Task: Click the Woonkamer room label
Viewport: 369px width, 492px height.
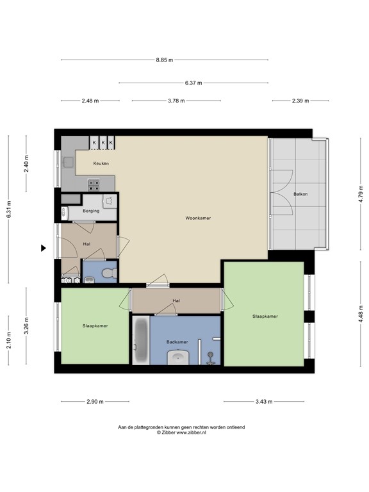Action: [x=198, y=218]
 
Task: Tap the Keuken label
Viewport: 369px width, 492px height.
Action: [x=101, y=163]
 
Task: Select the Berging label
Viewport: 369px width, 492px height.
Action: [x=91, y=211]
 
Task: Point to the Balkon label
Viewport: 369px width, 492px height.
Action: [x=300, y=194]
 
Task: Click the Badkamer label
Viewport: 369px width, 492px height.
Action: [x=177, y=342]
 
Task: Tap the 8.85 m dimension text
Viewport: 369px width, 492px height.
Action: [x=165, y=60]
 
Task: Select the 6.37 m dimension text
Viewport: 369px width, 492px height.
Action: [x=193, y=83]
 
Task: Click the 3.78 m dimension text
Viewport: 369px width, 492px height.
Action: [x=176, y=101]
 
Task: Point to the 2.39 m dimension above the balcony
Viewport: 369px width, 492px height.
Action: [x=300, y=101]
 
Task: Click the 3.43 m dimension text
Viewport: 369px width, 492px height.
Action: [x=264, y=401]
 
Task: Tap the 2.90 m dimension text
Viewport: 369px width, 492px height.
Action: [x=95, y=401]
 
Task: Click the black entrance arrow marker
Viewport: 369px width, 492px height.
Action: [x=44, y=248]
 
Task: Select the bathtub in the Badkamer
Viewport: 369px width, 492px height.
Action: [x=140, y=340]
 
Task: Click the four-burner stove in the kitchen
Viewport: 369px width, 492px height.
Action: [x=94, y=184]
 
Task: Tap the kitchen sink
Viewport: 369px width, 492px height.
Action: [x=69, y=162]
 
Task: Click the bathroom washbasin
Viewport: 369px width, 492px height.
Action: [x=178, y=358]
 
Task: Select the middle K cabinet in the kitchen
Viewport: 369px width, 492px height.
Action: [x=102, y=143]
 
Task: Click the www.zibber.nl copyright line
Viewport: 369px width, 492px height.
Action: [x=181, y=432]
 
